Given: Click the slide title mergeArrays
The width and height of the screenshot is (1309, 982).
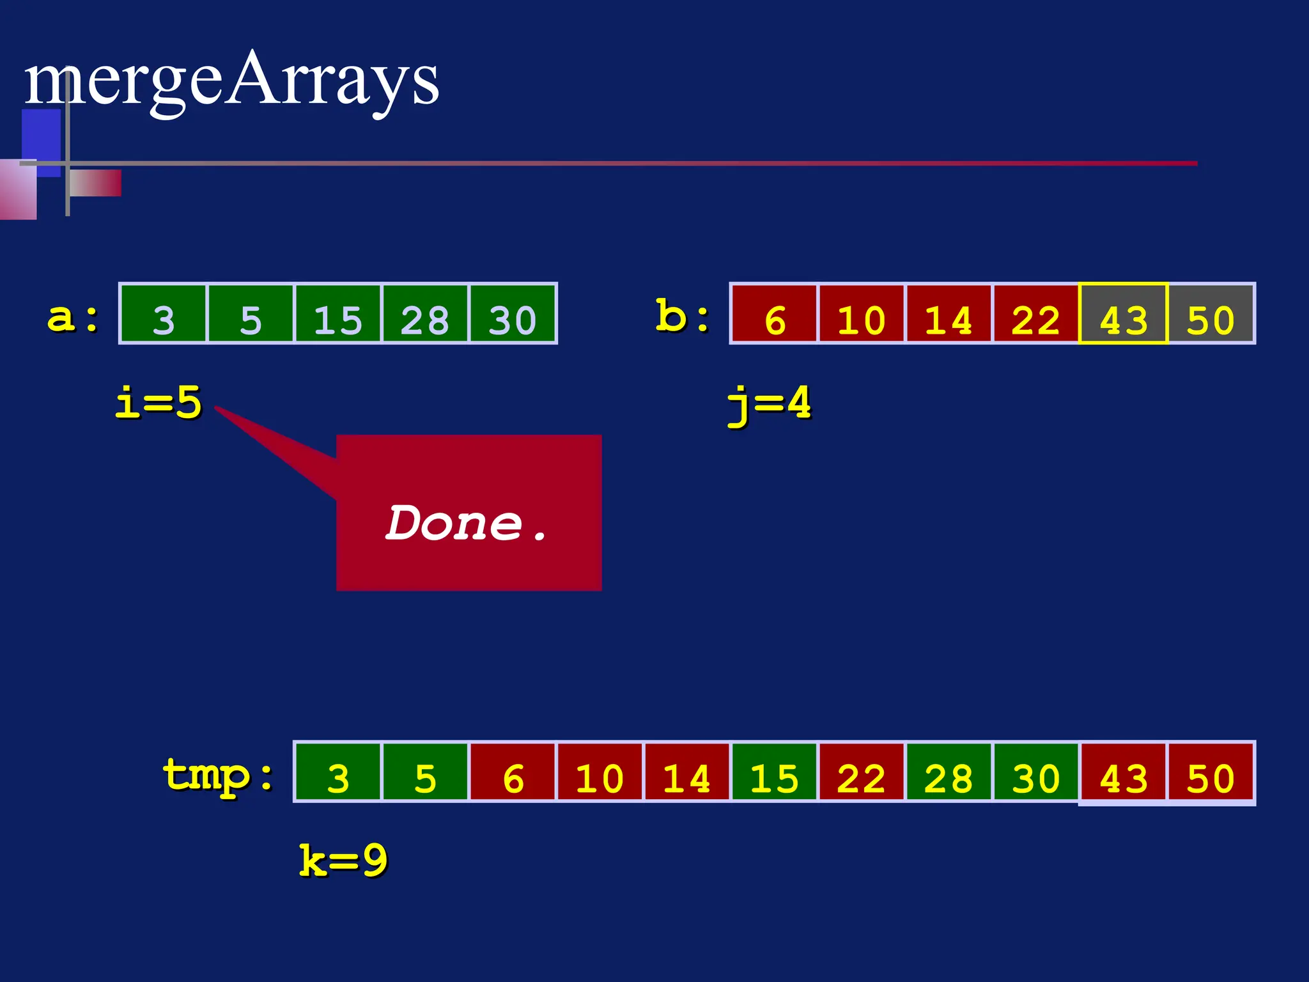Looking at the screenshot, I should click(231, 82).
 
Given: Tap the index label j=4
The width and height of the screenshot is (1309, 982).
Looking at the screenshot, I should click(770, 404).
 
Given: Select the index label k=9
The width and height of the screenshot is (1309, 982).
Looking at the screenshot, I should click(343, 861).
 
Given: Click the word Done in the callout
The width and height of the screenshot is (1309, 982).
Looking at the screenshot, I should click(455, 523).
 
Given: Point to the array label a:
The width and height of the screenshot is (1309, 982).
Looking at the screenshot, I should click(74, 317).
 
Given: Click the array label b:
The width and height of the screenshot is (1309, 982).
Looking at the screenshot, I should click(683, 316).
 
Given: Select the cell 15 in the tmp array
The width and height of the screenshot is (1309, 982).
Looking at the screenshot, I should click(774, 772).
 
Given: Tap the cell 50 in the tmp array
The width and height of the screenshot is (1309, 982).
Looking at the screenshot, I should click(1211, 772).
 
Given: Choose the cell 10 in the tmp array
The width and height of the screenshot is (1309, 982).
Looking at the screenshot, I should click(600, 772).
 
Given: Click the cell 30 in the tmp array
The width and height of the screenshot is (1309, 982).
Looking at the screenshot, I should click(1035, 772).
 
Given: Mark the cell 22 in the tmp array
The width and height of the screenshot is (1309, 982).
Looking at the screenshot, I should click(861, 772).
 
